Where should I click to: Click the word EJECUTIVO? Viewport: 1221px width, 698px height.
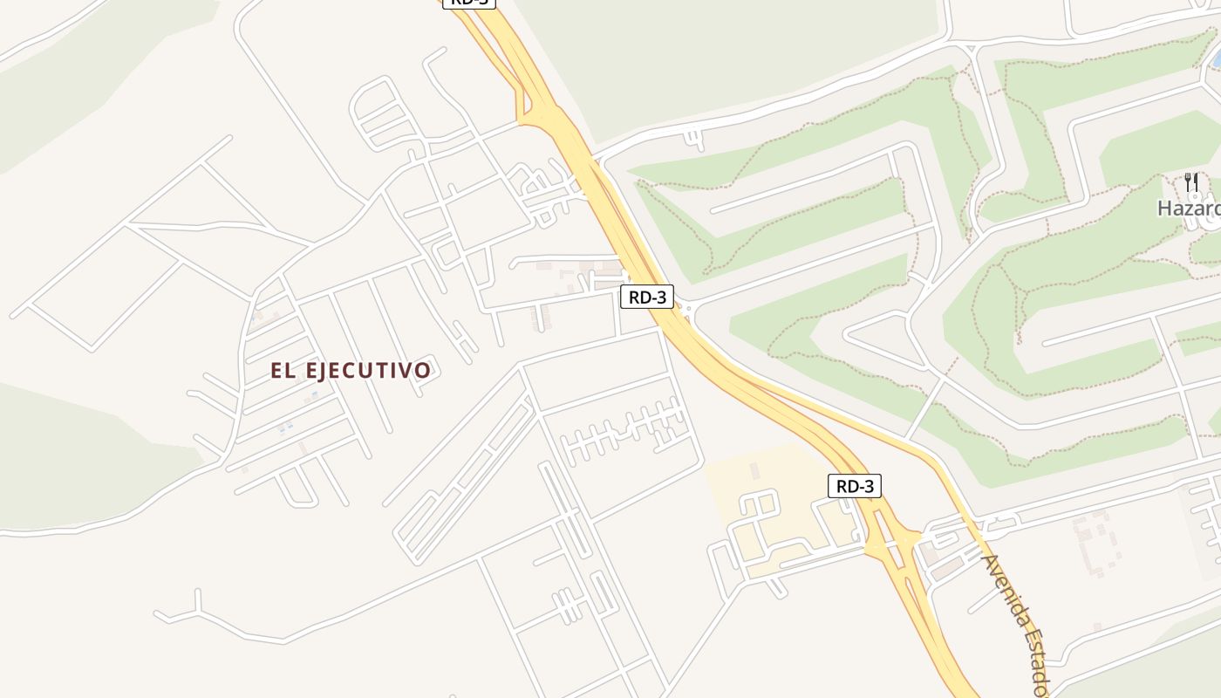point(368,371)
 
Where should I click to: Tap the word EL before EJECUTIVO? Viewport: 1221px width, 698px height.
point(283,371)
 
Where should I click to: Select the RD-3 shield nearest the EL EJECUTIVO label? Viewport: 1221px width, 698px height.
point(647,297)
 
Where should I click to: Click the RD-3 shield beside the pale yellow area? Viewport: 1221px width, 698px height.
point(854,486)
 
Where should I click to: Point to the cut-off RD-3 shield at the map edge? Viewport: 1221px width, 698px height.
point(469,3)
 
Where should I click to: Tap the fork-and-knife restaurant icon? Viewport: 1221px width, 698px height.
point(1191,182)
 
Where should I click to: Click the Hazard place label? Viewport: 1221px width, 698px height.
point(1188,209)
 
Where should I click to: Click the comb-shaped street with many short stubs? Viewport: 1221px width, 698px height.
point(624,428)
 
